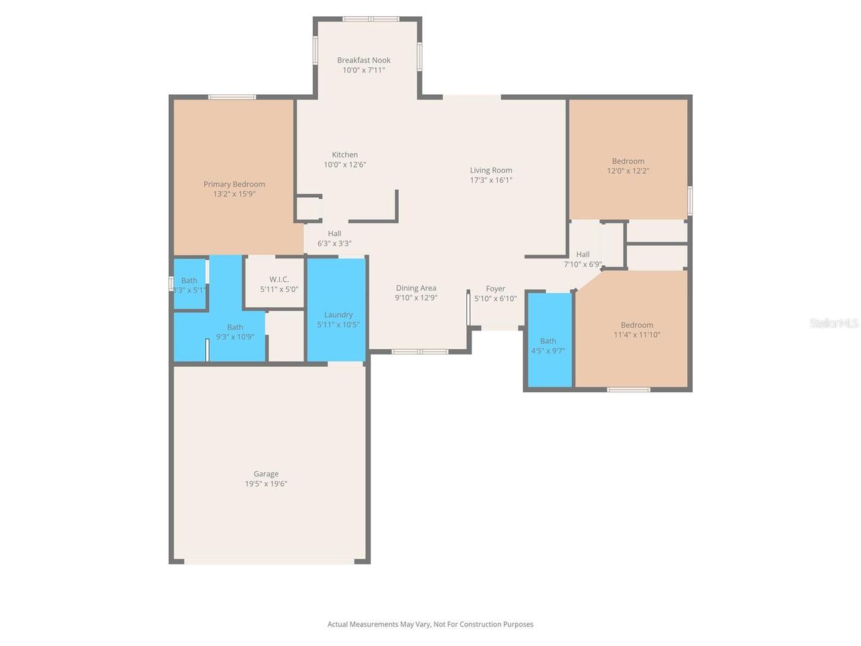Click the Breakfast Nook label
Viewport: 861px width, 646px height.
364,60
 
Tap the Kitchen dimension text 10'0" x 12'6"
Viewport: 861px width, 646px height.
345,165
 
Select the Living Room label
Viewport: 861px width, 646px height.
491,170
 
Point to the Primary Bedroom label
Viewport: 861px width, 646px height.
234,184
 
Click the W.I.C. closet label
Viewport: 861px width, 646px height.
279,279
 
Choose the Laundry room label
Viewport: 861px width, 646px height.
338,314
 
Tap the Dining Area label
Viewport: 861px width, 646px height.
416,288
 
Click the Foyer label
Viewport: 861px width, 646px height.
496,289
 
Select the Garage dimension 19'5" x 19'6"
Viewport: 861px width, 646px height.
266,484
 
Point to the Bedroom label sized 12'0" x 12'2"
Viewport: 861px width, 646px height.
628,161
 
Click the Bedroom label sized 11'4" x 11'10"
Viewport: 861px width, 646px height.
637,325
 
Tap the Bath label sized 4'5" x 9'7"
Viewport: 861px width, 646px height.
548,341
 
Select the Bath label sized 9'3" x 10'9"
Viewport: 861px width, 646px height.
235,327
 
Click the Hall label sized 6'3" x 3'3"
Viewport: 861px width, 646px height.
334,234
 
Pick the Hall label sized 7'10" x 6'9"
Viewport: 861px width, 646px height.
583,254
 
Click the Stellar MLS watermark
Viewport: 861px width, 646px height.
834,323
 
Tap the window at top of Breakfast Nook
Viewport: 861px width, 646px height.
371,18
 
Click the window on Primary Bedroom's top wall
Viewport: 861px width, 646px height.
232,97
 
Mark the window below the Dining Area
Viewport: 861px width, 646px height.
420,351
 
